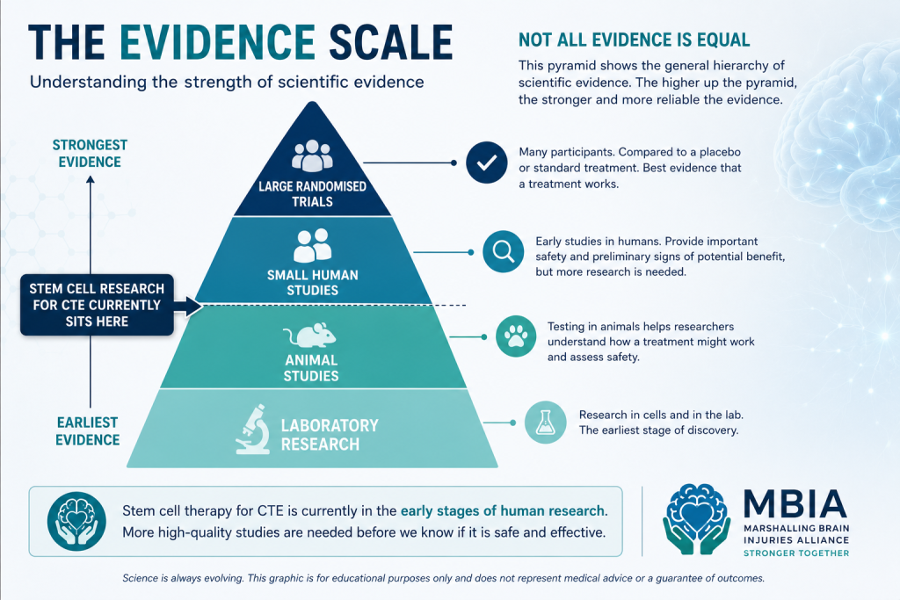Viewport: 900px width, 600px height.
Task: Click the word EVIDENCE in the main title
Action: point(218,42)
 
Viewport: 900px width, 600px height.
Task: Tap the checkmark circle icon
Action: point(486,163)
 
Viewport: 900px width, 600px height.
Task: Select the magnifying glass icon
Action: point(504,252)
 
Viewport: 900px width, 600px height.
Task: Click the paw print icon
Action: point(516,336)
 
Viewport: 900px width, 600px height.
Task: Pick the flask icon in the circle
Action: point(545,423)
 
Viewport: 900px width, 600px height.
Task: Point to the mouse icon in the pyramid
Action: point(310,335)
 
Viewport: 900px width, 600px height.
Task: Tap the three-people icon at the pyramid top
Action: point(312,155)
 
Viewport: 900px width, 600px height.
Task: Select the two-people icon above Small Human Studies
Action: point(313,245)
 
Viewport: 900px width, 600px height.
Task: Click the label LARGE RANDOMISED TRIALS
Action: point(312,194)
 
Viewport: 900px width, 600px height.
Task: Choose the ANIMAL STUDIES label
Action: point(312,368)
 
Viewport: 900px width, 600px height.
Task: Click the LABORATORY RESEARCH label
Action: point(330,434)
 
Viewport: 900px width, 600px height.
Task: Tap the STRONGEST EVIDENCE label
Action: point(90,154)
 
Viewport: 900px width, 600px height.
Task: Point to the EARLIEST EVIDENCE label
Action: point(88,431)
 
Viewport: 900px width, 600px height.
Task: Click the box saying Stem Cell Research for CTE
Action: point(97,305)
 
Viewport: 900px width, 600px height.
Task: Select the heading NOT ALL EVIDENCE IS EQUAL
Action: point(635,40)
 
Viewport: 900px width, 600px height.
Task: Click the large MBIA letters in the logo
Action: point(795,503)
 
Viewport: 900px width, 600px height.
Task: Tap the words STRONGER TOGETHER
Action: point(796,553)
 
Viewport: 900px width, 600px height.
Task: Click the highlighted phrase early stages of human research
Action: point(502,510)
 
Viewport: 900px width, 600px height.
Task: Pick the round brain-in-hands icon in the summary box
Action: point(76,522)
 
